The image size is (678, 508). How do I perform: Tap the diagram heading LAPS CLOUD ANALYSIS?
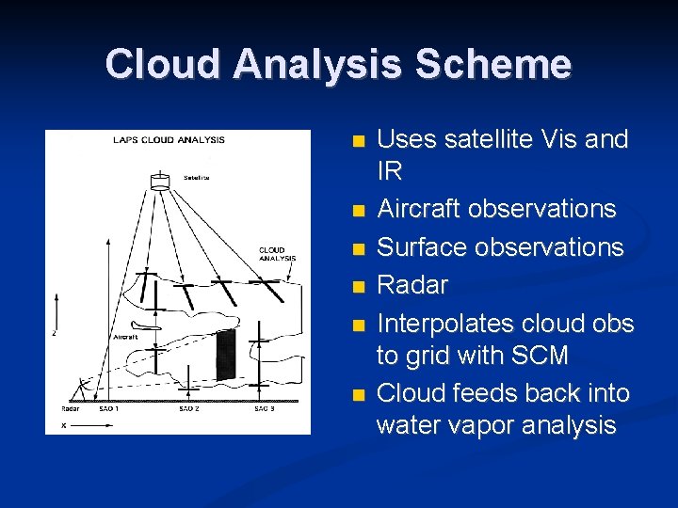pos(169,140)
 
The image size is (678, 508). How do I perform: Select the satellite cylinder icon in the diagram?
pos(160,180)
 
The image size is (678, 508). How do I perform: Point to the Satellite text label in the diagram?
pos(197,177)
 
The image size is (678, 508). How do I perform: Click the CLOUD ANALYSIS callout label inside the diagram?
pos(277,254)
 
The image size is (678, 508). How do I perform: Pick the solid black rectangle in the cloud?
pos(225,355)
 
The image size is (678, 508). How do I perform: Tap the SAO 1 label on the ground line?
pos(109,409)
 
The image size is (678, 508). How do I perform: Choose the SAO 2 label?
pos(188,409)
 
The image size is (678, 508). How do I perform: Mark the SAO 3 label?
pos(265,409)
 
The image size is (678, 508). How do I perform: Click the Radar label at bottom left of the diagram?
pos(70,409)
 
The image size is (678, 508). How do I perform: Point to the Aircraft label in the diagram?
pos(125,336)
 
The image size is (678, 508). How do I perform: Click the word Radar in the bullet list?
pos(412,285)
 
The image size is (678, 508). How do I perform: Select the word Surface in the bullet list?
pos(418,247)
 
